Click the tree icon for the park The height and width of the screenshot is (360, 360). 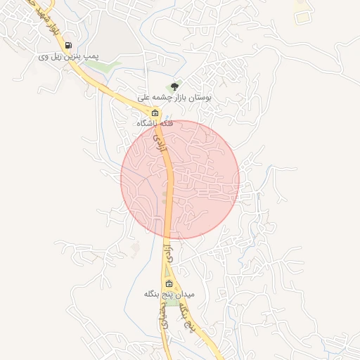point(174,86)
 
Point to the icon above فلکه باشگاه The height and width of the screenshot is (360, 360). point(155,113)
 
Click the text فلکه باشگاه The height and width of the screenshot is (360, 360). point(155,123)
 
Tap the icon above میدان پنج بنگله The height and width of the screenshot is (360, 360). point(168,284)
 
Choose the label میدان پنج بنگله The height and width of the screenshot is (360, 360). point(169,294)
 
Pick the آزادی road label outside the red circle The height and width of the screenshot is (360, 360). point(167,253)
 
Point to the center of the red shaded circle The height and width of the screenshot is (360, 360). point(180,179)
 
